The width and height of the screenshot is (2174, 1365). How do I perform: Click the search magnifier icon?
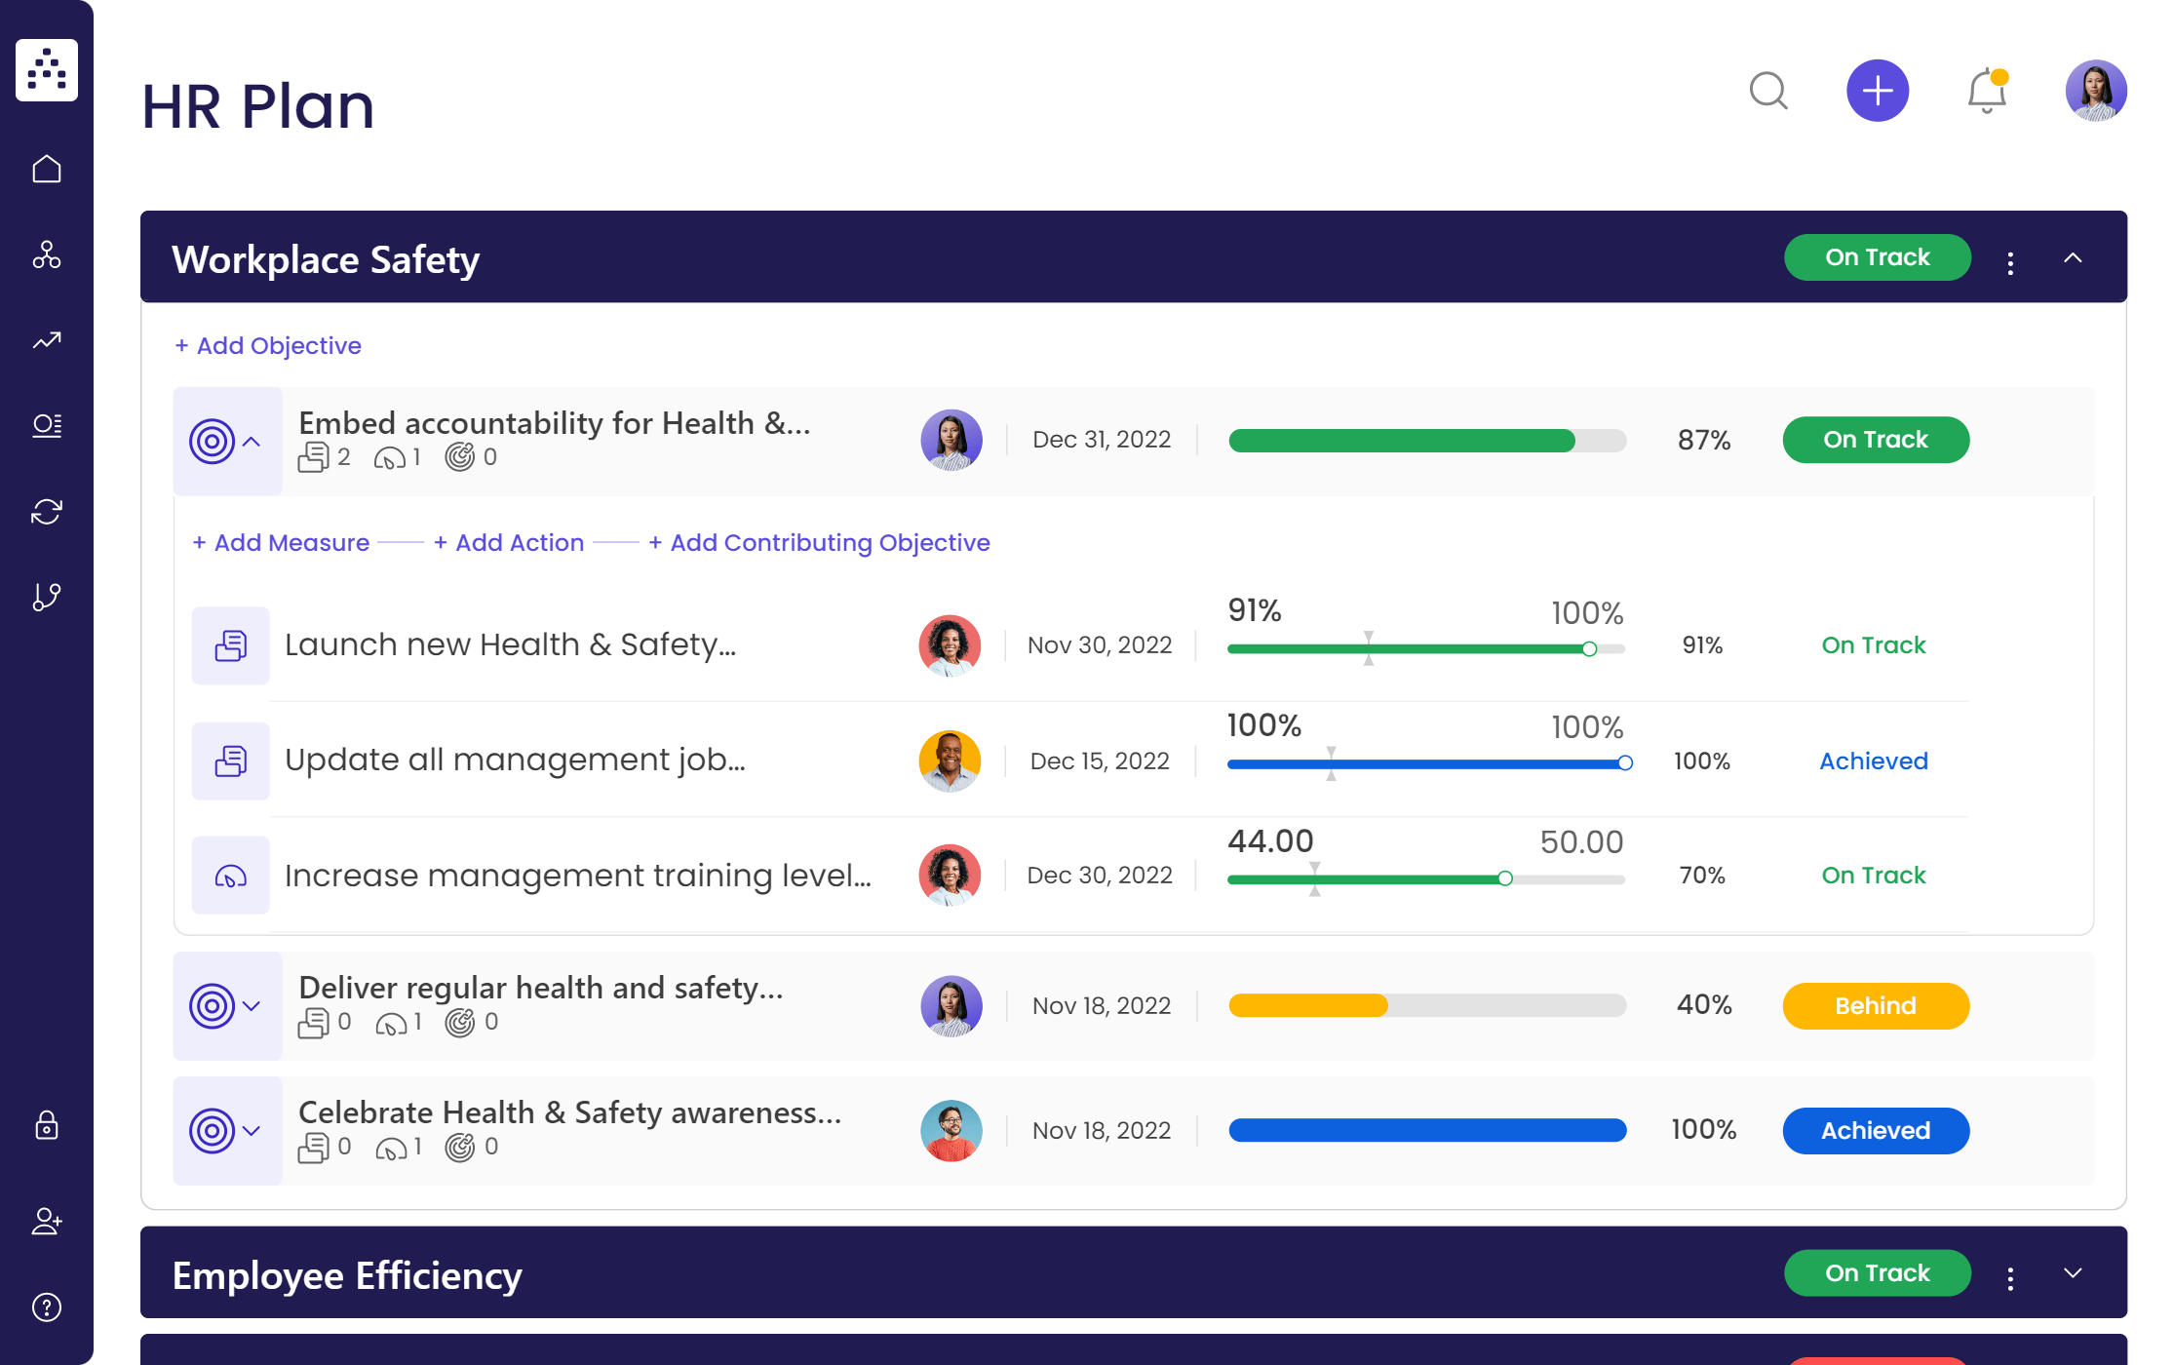click(1767, 92)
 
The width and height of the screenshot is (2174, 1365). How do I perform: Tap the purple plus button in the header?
click(1877, 91)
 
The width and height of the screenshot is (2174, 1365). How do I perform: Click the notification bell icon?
click(1986, 92)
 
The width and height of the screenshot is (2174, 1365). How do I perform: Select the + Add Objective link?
click(268, 346)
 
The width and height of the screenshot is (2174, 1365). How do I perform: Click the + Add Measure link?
click(281, 543)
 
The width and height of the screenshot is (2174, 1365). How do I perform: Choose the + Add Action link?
click(509, 543)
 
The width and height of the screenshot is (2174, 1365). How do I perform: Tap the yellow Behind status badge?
click(1875, 1006)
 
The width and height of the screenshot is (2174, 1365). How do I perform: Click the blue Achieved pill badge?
click(1875, 1131)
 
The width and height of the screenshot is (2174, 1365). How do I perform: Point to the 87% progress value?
click(1703, 441)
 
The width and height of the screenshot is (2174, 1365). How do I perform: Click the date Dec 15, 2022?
click(1100, 761)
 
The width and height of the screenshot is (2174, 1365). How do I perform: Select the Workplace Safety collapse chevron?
click(2073, 258)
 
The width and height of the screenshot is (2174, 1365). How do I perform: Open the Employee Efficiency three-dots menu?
click(2009, 1278)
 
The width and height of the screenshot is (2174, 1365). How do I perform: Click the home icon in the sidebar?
click(47, 170)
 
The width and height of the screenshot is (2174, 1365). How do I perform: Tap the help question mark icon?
click(47, 1307)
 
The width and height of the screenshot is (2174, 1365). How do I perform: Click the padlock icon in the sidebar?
click(47, 1126)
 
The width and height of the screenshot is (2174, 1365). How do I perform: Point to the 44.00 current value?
click(1270, 841)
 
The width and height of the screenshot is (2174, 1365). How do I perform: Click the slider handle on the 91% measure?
click(1589, 649)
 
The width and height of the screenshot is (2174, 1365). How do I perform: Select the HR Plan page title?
click(258, 106)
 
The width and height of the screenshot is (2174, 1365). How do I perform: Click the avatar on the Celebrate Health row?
click(951, 1131)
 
